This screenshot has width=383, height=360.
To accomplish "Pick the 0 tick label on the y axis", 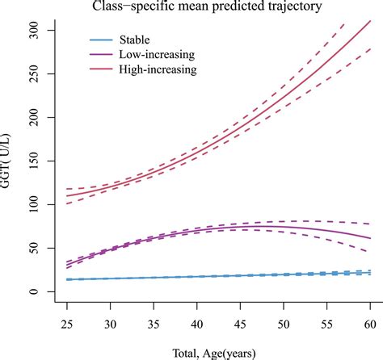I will point(50,291).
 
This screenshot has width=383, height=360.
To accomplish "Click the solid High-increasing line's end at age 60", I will point(370,22).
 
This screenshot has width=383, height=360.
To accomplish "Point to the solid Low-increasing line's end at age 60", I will point(370,238).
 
